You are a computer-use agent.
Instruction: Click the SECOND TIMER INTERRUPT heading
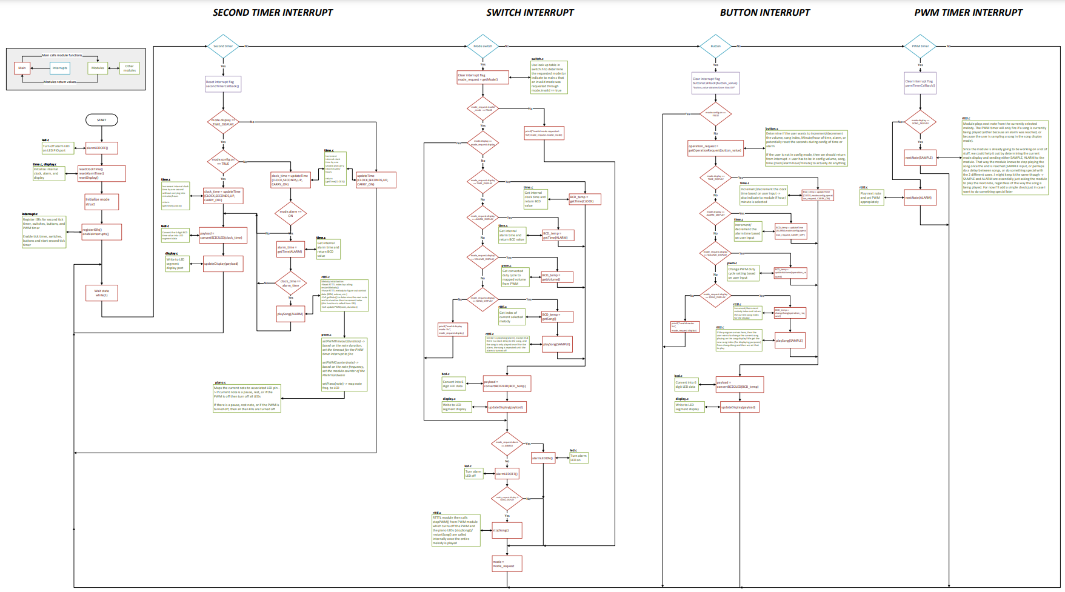tap(273, 12)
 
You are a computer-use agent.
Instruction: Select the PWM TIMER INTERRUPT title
tap(968, 12)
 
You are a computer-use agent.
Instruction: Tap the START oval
tap(101, 120)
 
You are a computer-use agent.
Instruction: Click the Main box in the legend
tap(22, 68)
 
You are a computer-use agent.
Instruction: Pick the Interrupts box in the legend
tap(59, 68)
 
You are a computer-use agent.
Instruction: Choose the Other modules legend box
tap(129, 68)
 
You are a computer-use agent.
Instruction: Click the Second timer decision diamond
tap(223, 46)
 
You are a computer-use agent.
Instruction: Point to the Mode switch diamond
tap(482, 46)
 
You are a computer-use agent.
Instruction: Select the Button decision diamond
tap(715, 46)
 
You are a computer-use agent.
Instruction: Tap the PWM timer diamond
tap(920, 46)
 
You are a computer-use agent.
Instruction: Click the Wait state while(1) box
tap(101, 293)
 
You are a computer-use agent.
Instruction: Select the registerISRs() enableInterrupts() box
tap(101, 231)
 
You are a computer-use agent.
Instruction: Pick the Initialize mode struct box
tap(101, 202)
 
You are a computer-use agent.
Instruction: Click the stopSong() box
tap(507, 530)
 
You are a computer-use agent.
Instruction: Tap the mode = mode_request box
tap(507, 564)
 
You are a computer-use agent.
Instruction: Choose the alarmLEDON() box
tap(543, 458)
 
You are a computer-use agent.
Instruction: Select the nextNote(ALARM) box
tap(920, 198)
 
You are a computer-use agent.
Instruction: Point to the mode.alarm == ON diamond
tap(290, 213)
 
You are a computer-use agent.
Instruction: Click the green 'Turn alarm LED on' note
tap(578, 457)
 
